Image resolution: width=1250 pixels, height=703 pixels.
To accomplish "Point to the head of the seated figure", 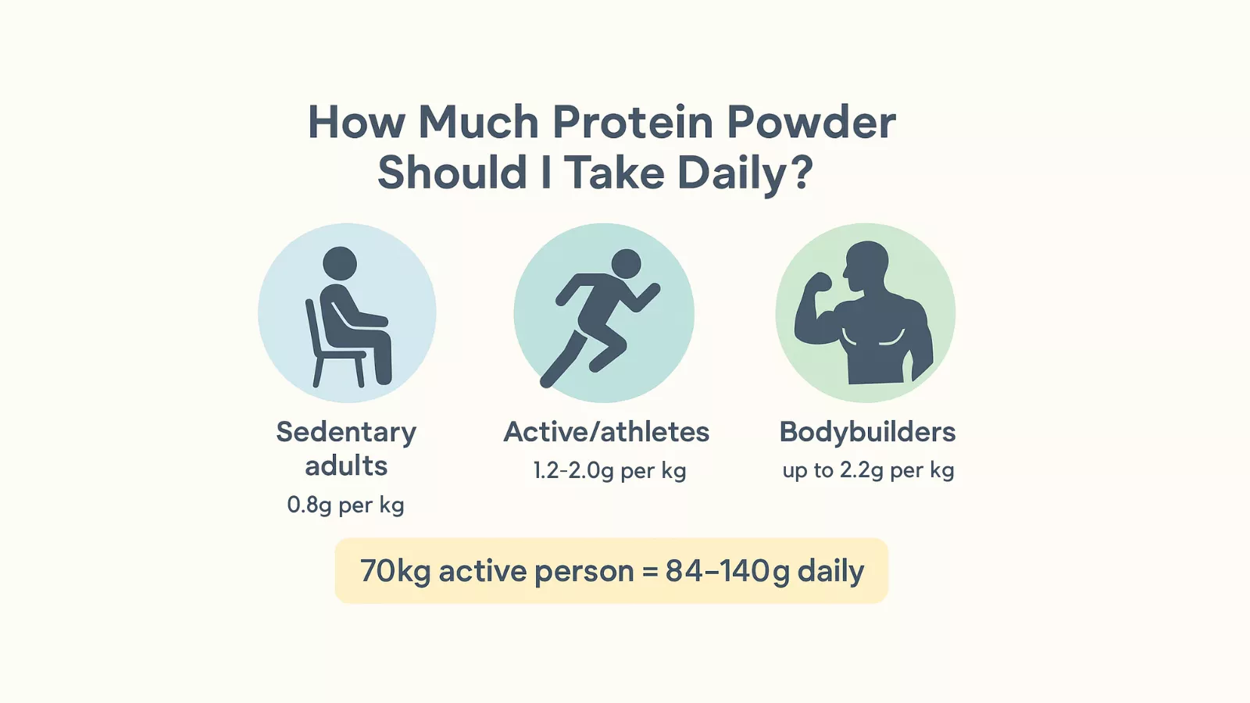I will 340,263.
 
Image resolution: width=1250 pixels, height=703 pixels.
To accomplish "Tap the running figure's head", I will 627,264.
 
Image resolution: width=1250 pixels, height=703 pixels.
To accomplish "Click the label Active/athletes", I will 606,432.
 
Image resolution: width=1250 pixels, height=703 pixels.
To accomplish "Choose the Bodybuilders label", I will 867,432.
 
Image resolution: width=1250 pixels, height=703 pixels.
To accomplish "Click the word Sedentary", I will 346,432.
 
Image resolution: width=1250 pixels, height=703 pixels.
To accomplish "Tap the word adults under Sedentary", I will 346,466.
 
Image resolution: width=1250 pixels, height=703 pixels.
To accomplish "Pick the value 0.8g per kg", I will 345,505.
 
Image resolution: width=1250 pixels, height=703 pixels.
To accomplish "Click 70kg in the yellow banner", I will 395,571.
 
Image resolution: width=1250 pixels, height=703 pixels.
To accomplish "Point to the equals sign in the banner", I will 650,572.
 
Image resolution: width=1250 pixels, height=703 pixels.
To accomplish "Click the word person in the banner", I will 584,572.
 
